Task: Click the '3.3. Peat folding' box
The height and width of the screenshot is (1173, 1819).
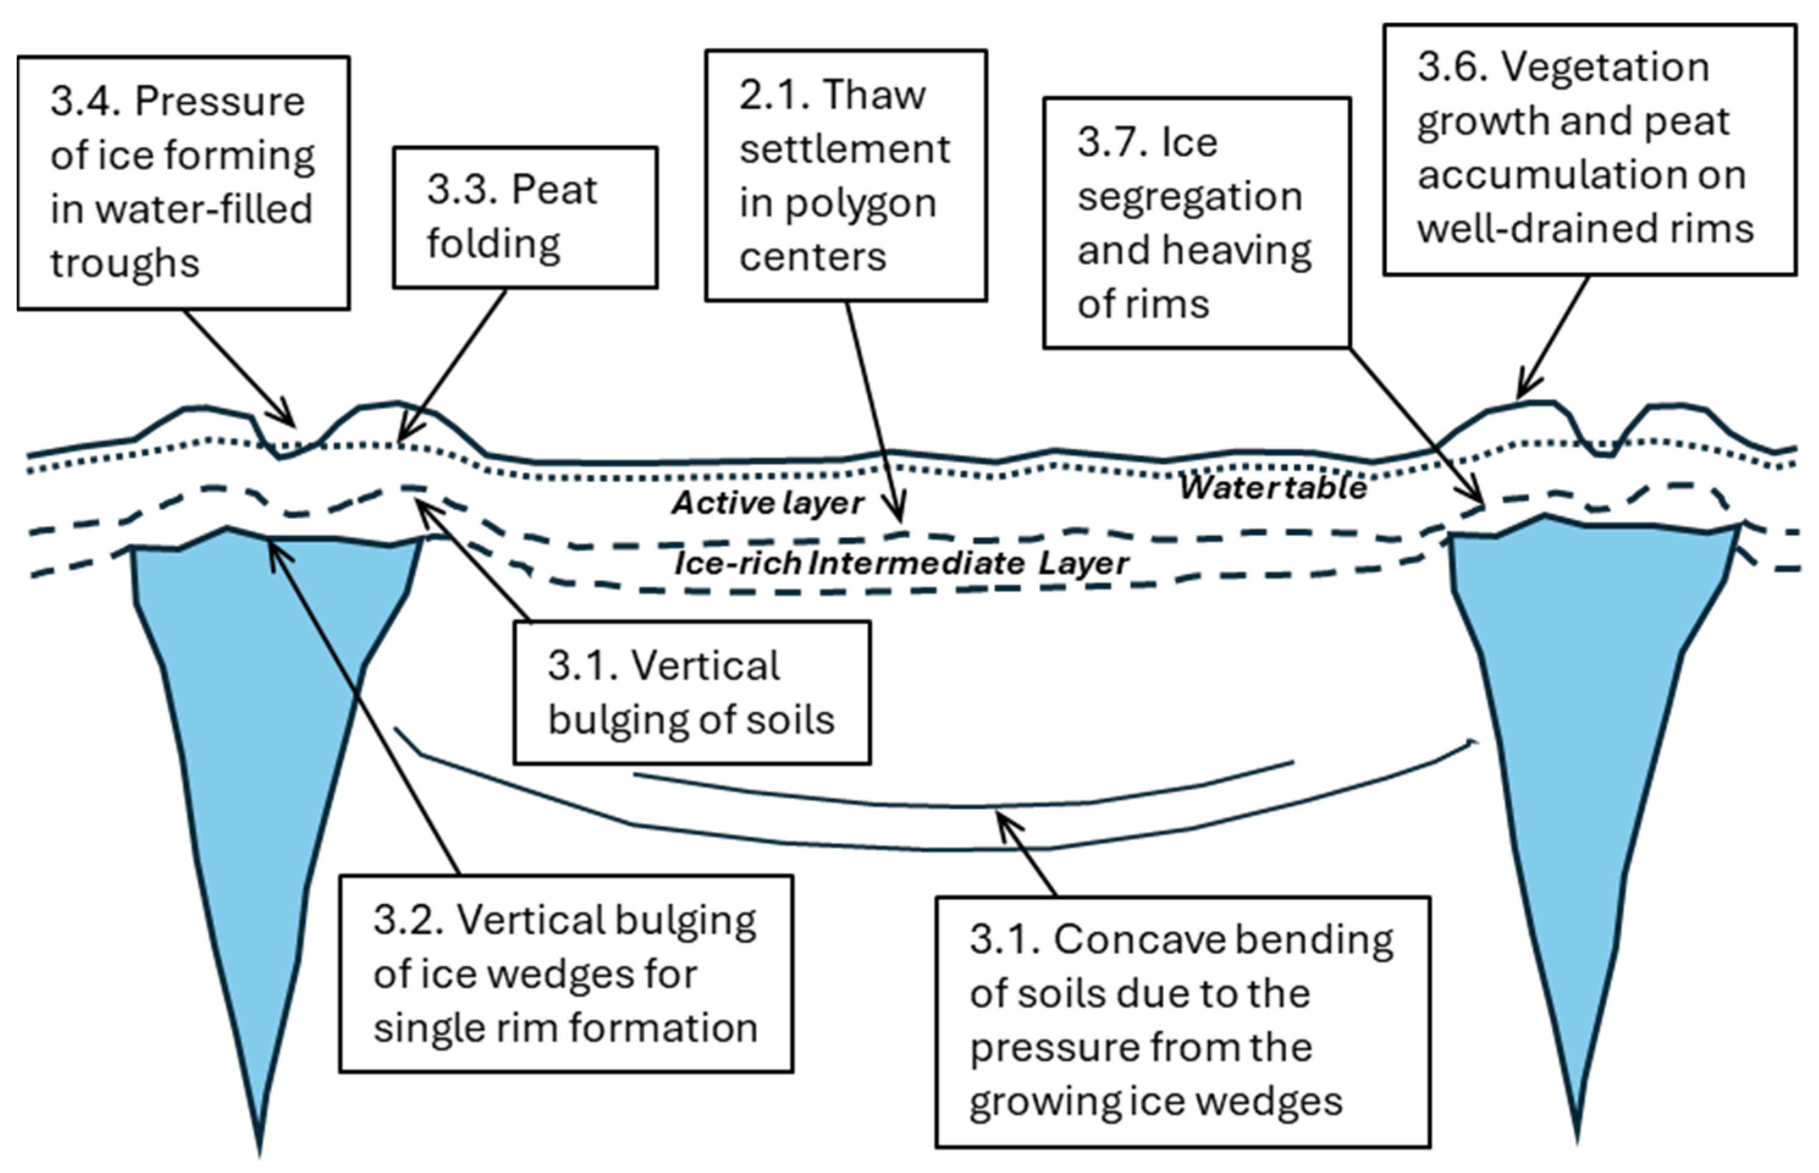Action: (525, 217)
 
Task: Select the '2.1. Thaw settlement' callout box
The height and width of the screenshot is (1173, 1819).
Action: (845, 175)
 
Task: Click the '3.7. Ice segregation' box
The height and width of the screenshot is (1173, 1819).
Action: (1196, 222)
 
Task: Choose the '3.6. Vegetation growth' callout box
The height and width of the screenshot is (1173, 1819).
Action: (1589, 150)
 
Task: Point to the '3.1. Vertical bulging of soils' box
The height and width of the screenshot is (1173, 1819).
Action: (691, 691)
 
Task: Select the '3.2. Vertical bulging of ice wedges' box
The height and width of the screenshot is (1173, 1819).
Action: (565, 973)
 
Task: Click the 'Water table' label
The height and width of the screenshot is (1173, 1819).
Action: (1273, 488)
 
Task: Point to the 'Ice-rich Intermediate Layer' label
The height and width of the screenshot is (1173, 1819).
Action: (901, 564)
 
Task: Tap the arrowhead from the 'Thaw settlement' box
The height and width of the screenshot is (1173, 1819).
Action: (900, 518)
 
